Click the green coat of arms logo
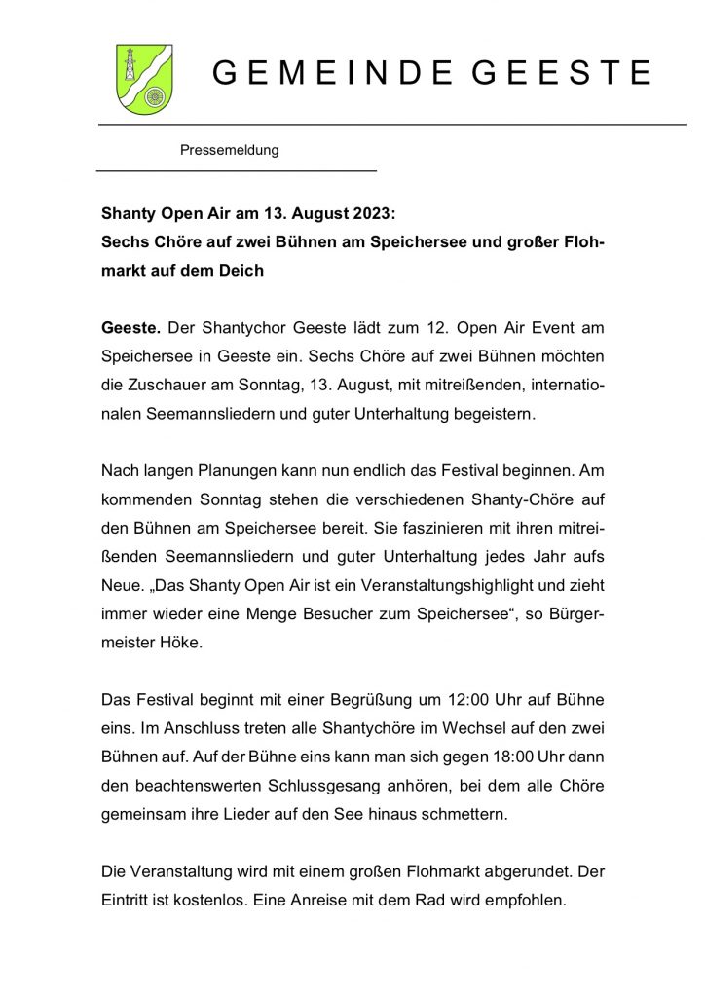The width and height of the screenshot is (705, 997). tap(144, 79)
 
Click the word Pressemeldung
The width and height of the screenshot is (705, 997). tap(230, 150)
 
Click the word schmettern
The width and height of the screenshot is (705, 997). tap(464, 816)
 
